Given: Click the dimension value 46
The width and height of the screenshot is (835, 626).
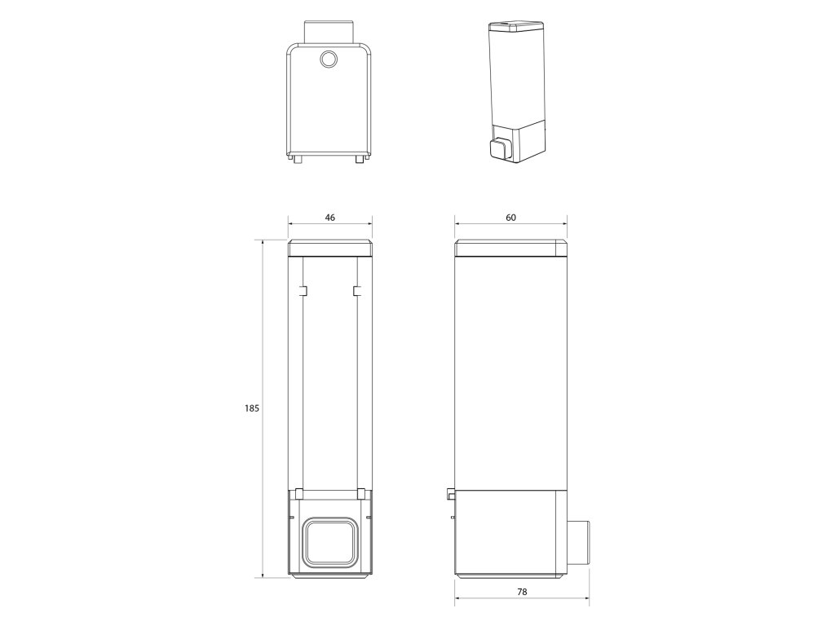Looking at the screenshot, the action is pos(330,217).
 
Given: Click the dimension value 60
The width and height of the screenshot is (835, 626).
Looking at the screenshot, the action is pos(510,217).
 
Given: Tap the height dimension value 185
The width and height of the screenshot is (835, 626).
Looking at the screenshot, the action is pos(252,408).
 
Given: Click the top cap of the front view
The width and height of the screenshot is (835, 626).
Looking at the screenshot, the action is pos(330,249).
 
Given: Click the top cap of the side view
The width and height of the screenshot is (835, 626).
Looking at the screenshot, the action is pos(511,249).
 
